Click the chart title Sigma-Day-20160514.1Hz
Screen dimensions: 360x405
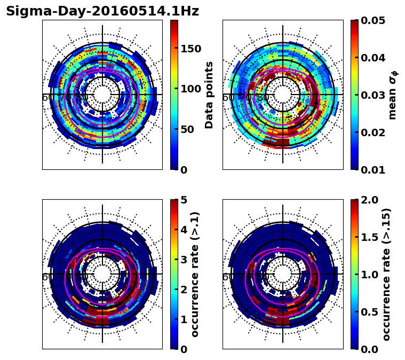point(102,11)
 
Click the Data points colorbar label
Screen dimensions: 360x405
point(209,95)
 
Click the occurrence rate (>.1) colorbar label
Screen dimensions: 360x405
point(195,274)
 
